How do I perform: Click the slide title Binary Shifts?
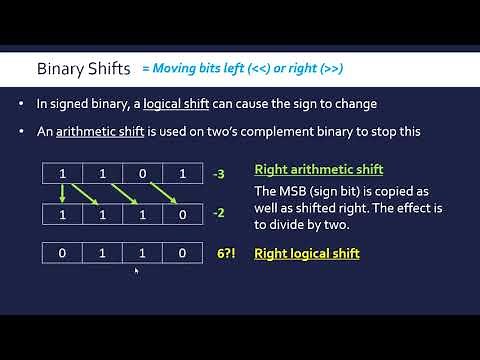(x=83, y=70)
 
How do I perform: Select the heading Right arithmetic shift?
(x=318, y=169)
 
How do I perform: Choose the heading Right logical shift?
(x=306, y=254)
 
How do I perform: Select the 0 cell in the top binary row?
(x=142, y=173)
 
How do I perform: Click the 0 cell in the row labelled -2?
(x=181, y=214)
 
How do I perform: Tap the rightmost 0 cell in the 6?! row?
(x=181, y=254)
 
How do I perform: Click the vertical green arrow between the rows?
(x=62, y=193)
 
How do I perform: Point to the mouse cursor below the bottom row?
(x=136, y=270)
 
